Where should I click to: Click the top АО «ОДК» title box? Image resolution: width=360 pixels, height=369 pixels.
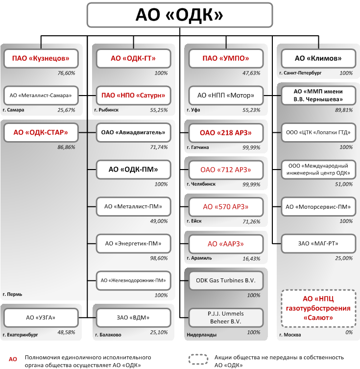(x=180, y=15)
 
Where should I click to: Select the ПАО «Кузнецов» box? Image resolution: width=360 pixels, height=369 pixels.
(x=41, y=58)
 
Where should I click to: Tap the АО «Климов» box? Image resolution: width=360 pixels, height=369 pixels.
(x=318, y=58)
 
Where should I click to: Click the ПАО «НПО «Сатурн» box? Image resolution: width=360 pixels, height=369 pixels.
(x=133, y=95)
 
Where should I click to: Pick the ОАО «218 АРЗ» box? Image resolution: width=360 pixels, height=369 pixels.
(x=226, y=133)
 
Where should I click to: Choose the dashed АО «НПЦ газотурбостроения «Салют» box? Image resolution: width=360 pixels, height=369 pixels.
(x=318, y=308)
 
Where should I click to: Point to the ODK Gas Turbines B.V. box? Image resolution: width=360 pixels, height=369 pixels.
(x=226, y=280)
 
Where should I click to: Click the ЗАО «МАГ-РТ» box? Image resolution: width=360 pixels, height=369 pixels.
(x=318, y=244)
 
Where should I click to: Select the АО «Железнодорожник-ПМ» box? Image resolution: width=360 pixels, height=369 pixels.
(x=133, y=280)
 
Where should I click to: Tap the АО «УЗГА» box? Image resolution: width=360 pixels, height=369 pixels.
(x=41, y=318)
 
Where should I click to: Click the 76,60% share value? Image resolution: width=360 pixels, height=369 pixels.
(x=66, y=73)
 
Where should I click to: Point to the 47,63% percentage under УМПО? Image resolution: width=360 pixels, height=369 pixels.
(x=251, y=73)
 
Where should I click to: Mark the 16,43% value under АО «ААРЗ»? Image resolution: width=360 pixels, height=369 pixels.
(x=251, y=259)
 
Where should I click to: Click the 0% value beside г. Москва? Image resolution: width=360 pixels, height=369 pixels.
(x=349, y=332)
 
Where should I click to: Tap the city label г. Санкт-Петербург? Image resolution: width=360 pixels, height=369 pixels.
(x=300, y=73)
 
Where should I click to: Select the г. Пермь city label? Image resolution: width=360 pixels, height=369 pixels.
(x=12, y=295)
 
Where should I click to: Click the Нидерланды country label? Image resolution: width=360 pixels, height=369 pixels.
(x=201, y=335)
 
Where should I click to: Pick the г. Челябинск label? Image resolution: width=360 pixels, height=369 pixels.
(x=201, y=184)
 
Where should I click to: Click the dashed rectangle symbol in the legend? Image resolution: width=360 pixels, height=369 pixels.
(x=198, y=359)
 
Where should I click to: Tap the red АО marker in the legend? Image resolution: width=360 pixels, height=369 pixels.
(x=13, y=359)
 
